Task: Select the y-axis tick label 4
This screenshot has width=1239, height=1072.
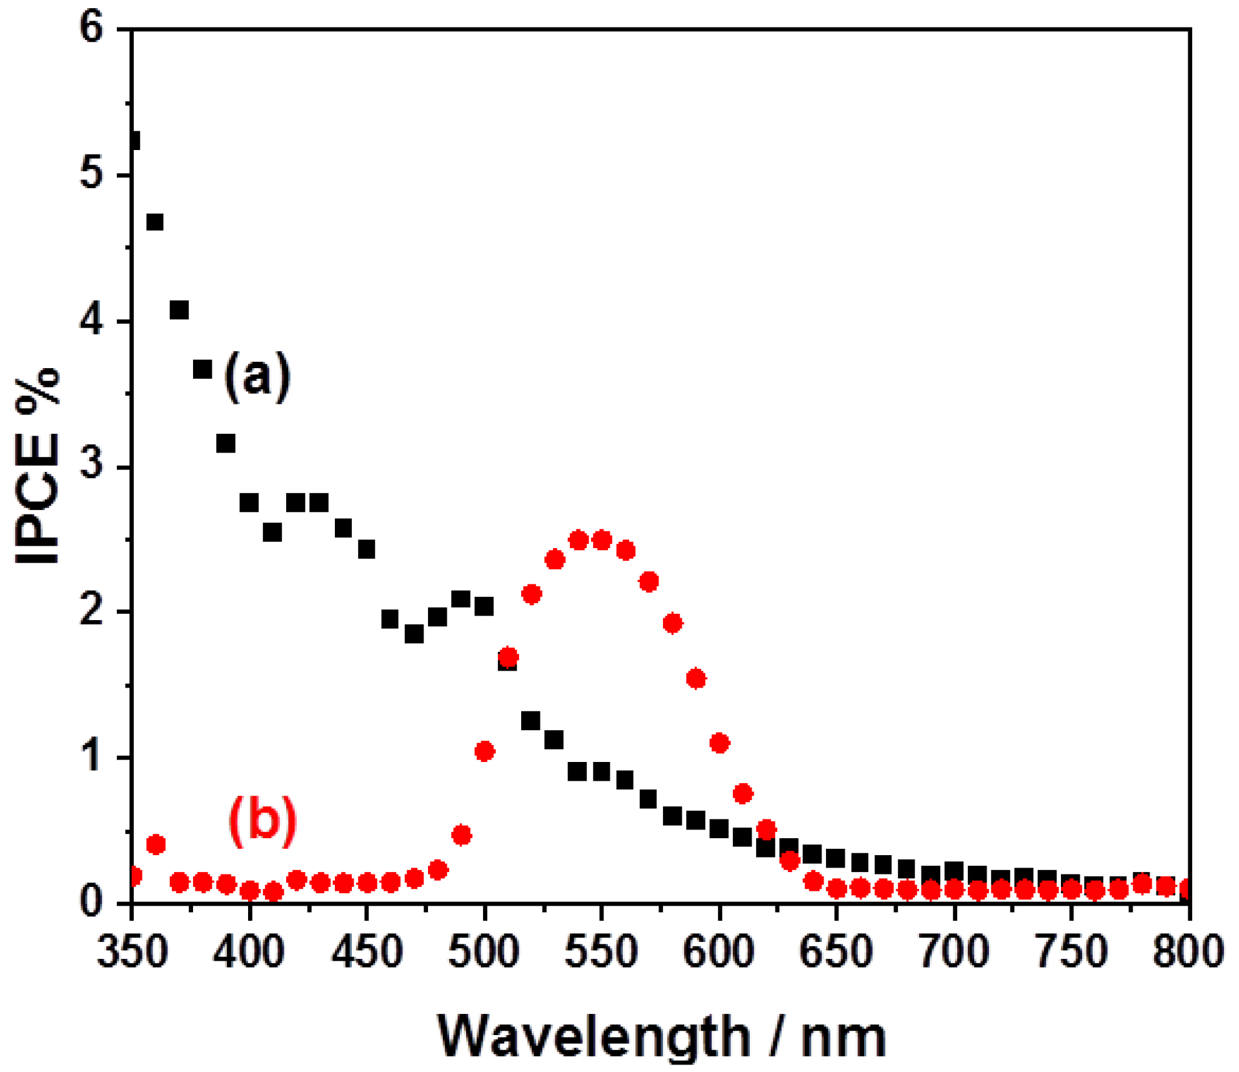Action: coord(91,321)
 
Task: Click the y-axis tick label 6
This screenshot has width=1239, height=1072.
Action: coord(91,29)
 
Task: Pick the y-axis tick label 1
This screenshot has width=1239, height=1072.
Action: coord(91,757)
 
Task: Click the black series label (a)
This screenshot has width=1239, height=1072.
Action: coord(257,376)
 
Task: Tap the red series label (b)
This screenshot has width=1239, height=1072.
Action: coord(262,821)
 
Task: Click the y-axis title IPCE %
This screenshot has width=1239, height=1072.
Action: coord(37,466)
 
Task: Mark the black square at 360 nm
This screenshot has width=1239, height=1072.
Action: coord(155,222)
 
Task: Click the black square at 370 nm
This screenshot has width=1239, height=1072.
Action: coord(179,310)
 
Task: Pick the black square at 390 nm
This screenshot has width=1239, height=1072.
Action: coord(226,444)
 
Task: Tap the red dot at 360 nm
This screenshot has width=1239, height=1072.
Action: coord(156,844)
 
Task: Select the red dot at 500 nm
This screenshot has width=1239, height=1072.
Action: coord(484,751)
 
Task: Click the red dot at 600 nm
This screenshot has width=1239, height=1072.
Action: coord(719,743)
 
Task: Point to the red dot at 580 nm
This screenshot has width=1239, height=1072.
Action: coord(672,623)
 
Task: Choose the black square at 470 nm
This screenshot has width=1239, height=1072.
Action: coord(414,634)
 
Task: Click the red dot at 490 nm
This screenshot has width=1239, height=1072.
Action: coord(461,835)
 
